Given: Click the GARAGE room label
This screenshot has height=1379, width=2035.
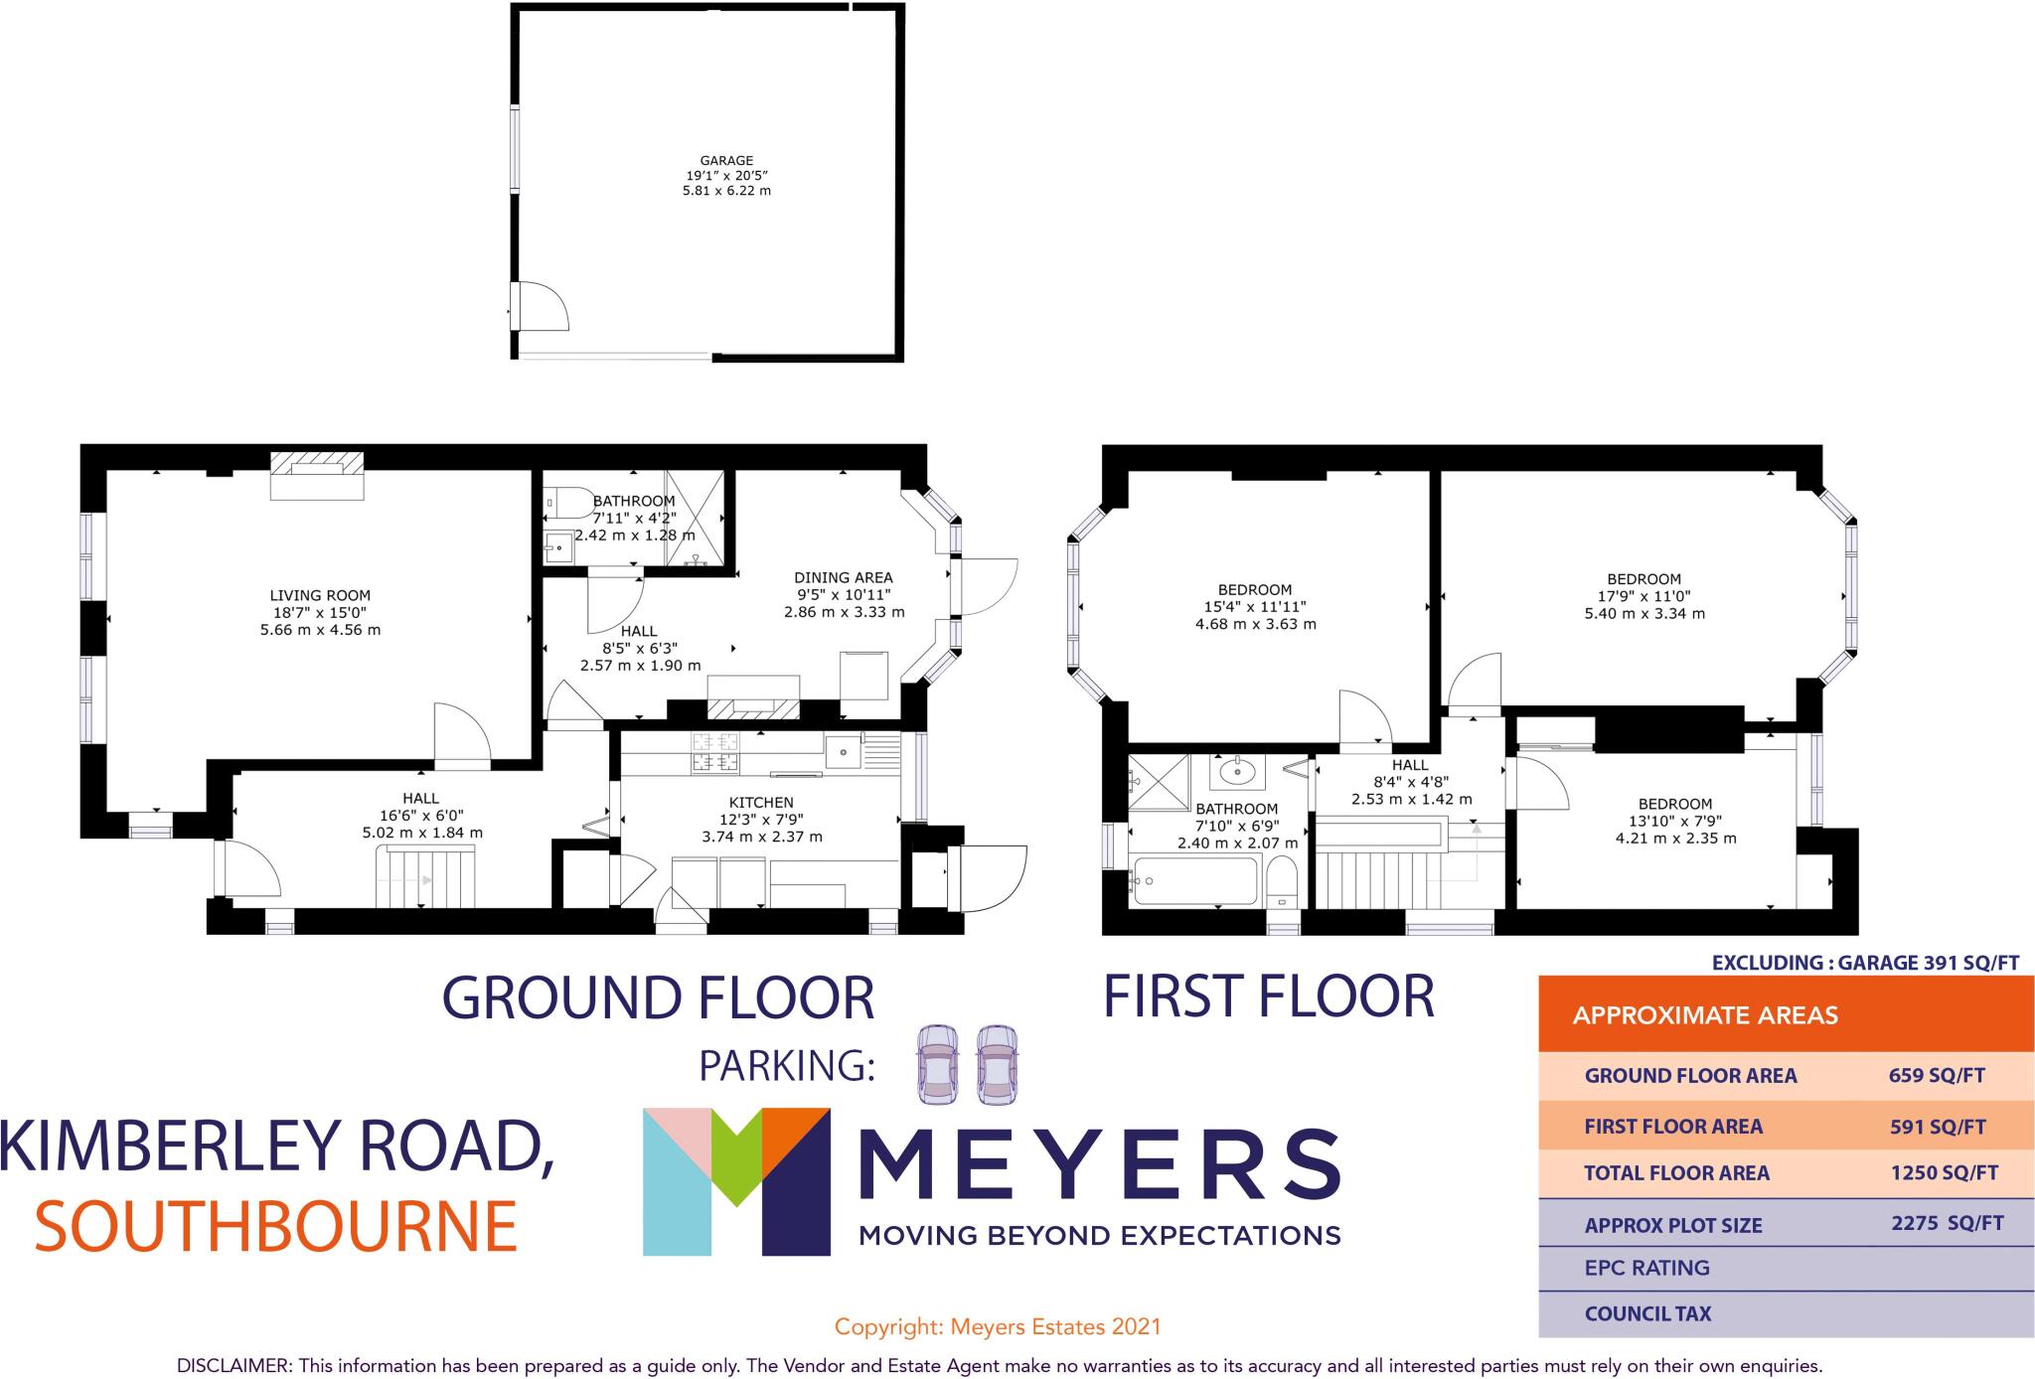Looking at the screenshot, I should coord(726,160).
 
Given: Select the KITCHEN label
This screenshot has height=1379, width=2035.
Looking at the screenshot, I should coord(761,803).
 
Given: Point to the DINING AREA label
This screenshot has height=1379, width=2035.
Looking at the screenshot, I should coord(843,577).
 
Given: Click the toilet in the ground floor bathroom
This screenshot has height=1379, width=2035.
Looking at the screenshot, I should coord(563,503).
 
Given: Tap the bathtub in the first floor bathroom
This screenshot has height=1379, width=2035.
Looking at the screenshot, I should coord(1195,880).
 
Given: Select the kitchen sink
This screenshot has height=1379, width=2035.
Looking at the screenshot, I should coord(842,752).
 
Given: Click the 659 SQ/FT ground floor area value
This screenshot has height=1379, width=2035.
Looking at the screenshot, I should coord(1937,1075).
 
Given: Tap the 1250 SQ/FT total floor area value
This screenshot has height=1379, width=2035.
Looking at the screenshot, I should coord(1944,1172).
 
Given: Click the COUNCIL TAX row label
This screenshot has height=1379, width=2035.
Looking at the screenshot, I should coord(1647,1313).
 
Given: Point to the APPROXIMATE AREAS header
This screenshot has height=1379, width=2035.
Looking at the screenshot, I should coord(1705,1015).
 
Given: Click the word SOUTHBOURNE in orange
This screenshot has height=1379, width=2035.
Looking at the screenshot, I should coord(276,1227).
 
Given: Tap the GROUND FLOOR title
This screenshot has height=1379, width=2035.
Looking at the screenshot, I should coord(658,998).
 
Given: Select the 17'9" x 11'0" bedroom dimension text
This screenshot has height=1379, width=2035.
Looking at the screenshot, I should coord(1644,596).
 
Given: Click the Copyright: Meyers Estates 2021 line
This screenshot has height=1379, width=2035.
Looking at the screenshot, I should coord(998,1326).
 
